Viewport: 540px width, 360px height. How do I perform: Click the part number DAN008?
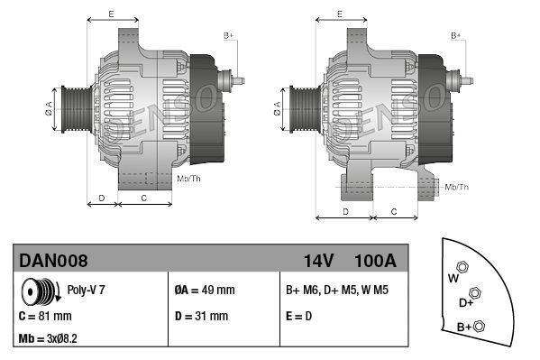(x=53, y=261)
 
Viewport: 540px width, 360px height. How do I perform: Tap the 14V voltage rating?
(x=318, y=261)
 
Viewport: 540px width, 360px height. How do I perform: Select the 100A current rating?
(x=375, y=261)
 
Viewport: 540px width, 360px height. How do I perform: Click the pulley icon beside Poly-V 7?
(x=41, y=291)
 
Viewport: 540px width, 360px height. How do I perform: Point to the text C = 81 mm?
(x=45, y=316)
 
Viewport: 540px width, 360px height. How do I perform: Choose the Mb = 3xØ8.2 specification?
(x=48, y=338)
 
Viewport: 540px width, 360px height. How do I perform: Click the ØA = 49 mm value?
(x=205, y=290)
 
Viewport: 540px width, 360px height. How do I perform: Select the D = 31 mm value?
(x=201, y=316)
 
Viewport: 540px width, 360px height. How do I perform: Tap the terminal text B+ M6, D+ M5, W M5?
(x=337, y=290)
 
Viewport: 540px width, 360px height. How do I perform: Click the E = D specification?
(x=298, y=316)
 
